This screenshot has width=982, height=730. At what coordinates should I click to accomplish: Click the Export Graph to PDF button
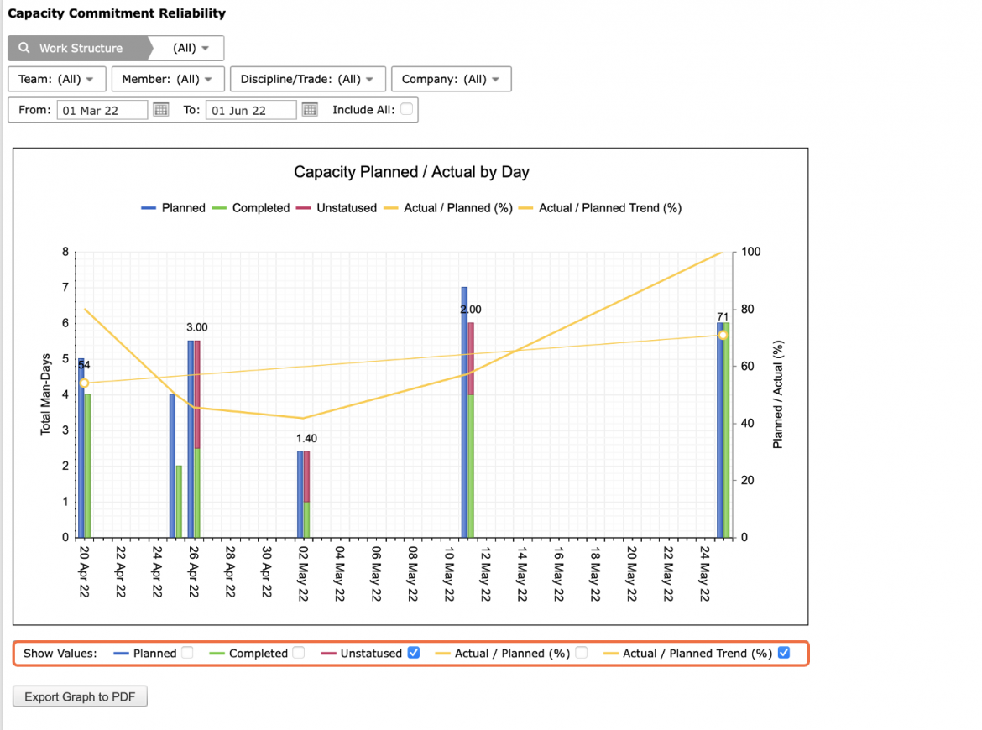pyautogui.click(x=80, y=696)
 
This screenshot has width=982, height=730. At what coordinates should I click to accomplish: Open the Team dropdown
pyautogui.click(x=56, y=79)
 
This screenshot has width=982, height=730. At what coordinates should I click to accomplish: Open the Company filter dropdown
pyautogui.click(x=451, y=79)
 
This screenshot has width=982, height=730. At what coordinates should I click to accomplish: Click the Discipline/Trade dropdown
pyautogui.click(x=307, y=79)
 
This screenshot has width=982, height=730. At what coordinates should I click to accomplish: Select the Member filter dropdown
pyautogui.click(x=167, y=79)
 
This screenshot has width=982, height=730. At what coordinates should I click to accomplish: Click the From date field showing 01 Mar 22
pyautogui.click(x=102, y=110)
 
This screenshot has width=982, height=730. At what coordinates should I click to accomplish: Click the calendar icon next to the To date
pyautogui.click(x=310, y=110)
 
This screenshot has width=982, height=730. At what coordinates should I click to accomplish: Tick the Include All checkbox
pyautogui.click(x=406, y=109)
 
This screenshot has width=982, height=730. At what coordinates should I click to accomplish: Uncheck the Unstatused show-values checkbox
pyautogui.click(x=413, y=652)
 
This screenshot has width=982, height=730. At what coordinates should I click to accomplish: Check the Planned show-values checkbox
pyautogui.click(x=187, y=652)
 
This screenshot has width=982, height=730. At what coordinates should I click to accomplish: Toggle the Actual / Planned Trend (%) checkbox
pyautogui.click(x=783, y=652)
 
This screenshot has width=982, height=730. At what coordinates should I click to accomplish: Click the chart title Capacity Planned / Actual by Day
pyautogui.click(x=411, y=171)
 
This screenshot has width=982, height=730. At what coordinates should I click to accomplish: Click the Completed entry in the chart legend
pyautogui.click(x=260, y=208)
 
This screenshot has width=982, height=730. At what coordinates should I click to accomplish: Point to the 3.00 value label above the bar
pyautogui.click(x=196, y=327)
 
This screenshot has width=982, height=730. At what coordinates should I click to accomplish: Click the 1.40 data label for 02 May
pyautogui.click(x=306, y=438)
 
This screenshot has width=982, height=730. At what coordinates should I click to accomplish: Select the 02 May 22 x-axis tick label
pyautogui.click(x=303, y=573)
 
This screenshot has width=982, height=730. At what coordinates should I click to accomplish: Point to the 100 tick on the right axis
pyautogui.click(x=751, y=252)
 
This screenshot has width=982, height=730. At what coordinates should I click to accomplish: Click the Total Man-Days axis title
pyautogui.click(x=45, y=394)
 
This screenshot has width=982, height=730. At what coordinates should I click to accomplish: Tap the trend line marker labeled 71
pyautogui.click(x=723, y=336)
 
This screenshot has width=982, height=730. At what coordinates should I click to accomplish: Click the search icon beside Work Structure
pyautogui.click(x=24, y=48)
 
